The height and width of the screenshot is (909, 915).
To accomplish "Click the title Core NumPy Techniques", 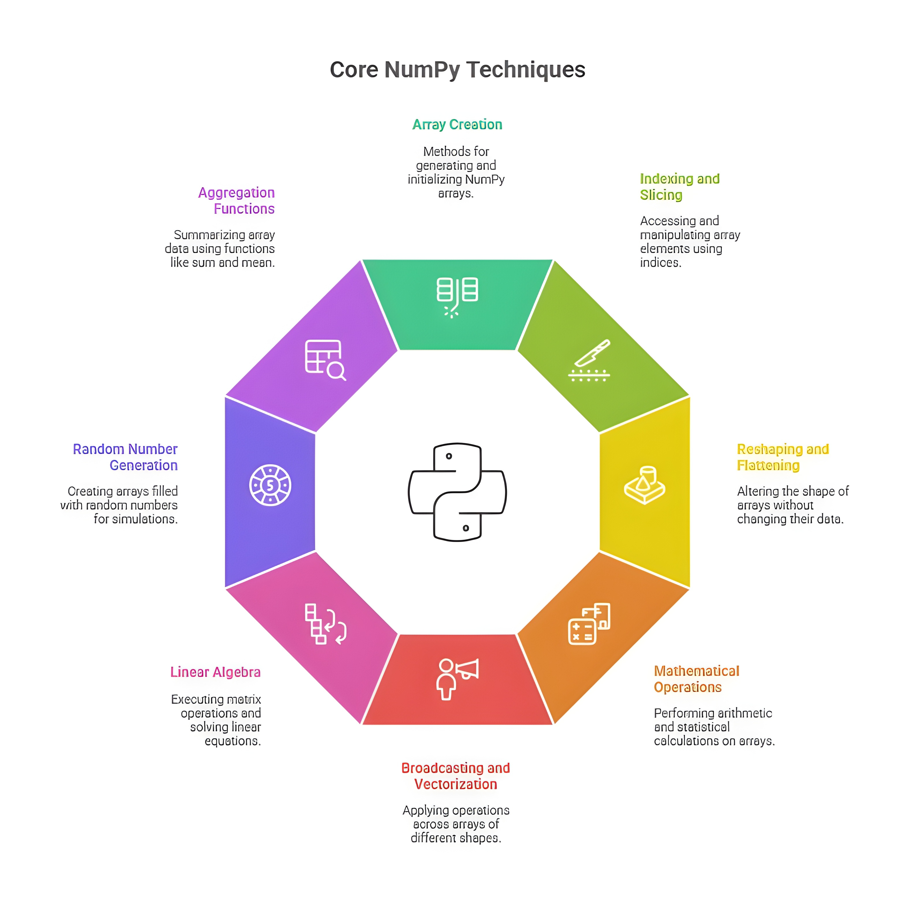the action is (x=457, y=70).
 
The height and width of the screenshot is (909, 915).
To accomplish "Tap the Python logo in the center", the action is (x=457, y=492).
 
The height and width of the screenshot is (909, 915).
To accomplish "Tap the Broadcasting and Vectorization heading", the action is (x=455, y=776).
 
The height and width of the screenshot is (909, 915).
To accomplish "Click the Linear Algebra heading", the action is (x=215, y=672).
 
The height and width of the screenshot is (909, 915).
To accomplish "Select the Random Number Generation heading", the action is (x=125, y=457).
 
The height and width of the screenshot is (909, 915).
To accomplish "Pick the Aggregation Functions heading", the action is (x=236, y=200).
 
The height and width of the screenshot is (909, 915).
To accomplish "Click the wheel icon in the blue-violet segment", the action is (x=270, y=485).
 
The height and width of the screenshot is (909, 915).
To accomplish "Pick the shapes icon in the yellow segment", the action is (x=645, y=485).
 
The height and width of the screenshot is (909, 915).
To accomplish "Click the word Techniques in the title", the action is (x=526, y=70).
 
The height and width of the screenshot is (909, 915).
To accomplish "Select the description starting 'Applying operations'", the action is (x=455, y=824).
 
